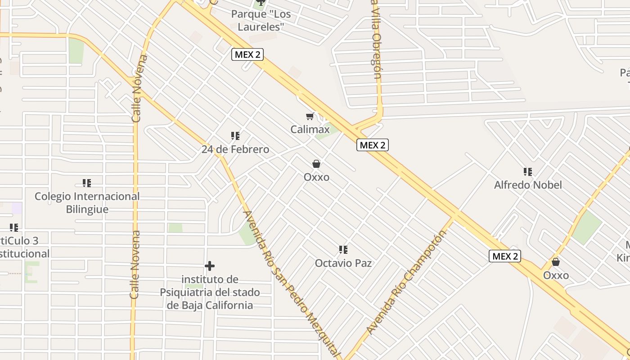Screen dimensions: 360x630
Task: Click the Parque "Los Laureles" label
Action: click(x=261, y=20)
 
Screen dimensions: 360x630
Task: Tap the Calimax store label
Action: click(x=310, y=130)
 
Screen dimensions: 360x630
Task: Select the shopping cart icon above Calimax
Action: click(x=310, y=117)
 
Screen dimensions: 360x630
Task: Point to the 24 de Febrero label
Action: click(x=235, y=149)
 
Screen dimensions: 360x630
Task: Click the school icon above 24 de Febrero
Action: click(x=235, y=136)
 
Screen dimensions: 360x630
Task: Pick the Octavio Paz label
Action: click(x=343, y=263)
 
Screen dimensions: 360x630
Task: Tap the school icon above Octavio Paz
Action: click(x=343, y=250)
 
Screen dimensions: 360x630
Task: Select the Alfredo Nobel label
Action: click(x=528, y=185)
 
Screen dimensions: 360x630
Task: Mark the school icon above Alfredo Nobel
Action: click(x=528, y=171)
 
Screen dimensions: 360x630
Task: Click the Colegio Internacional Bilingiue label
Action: click(x=87, y=203)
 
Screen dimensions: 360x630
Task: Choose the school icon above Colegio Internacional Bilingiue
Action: click(x=87, y=183)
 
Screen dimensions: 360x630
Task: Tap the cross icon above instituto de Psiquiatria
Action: click(x=210, y=266)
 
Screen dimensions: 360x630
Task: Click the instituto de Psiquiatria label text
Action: click(x=210, y=292)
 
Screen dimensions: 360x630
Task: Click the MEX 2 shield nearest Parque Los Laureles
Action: click(x=247, y=54)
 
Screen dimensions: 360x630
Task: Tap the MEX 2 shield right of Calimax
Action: click(x=373, y=145)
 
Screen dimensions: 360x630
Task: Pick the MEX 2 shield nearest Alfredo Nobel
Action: click(x=505, y=256)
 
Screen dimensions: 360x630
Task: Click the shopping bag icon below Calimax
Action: click(x=316, y=164)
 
